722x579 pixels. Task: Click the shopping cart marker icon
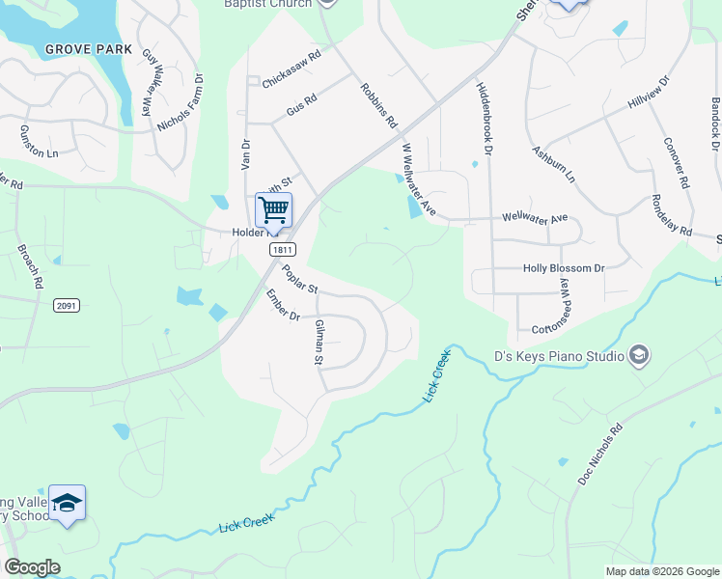273,208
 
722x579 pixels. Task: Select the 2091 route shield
67,306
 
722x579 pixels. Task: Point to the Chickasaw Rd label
291,69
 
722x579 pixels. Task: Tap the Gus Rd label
302,106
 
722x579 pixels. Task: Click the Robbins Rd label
378,105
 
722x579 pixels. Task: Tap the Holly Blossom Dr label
563,268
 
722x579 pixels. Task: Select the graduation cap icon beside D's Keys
637,357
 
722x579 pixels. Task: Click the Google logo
32,568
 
